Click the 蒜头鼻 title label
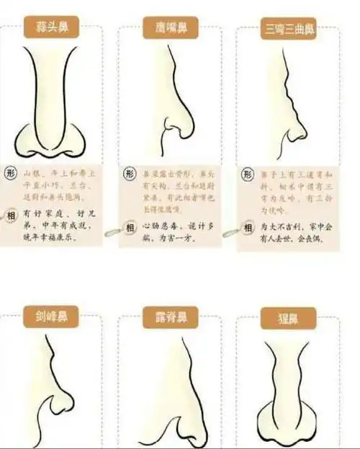tap(52, 28)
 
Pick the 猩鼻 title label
tap(287, 318)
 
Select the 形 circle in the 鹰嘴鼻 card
tap(129, 174)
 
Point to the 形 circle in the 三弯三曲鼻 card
tap(247, 175)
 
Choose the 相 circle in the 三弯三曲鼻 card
tap(247, 228)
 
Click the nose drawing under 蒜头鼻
tap(53, 108)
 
